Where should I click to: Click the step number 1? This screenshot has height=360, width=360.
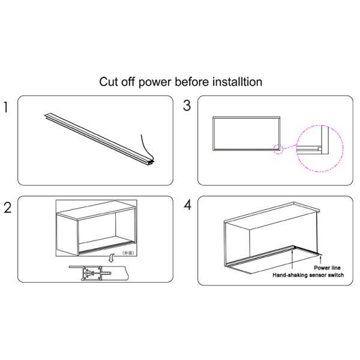pyautogui.click(x=7, y=108)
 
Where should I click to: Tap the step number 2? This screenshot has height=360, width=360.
pyautogui.click(x=7, y=208)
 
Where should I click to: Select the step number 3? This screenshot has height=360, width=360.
pyautogui.click(x=187, y=106)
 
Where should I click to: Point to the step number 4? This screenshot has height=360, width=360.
pyautogui.click(x=187, y=205)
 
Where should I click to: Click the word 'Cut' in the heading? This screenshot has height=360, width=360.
pyautogui.click(x=109, y=81)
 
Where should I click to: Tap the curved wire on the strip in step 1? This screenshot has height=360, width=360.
pyautogui.click(x=146, y=146)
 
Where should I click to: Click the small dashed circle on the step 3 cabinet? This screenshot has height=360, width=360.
pyautogui.click(x=278, y=148)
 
